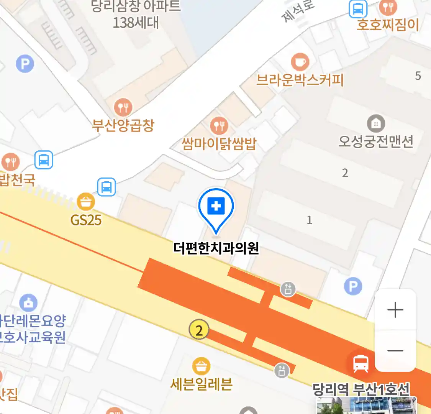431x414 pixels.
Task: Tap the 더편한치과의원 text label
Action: (216, 248)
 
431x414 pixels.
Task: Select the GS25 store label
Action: (86, 220)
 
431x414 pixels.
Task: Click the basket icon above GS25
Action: (86, 201)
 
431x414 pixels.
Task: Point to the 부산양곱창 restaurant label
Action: (123, 125)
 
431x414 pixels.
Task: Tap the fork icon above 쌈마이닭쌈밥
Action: (219, 125)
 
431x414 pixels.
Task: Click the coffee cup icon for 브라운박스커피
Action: (300, 62)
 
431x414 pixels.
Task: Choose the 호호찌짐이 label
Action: (387, 25)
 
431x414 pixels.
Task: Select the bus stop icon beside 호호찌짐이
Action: (358, 9)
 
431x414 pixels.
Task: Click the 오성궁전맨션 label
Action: (376, 141)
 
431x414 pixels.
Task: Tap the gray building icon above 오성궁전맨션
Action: (376, 123)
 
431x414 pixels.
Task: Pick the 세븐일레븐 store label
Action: (202, 384)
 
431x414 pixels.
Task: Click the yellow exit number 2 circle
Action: (199, 330)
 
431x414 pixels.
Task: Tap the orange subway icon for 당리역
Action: (361, 363)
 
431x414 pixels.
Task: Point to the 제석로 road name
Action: (298, 11)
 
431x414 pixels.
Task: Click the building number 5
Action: (418, 76)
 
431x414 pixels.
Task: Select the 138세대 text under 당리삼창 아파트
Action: (136, 23)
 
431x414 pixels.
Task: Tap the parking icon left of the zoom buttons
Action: (353, 286)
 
